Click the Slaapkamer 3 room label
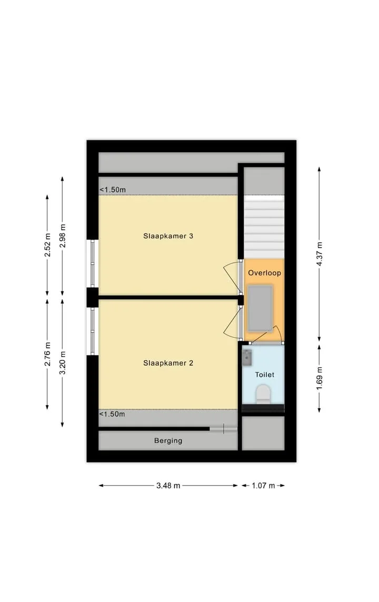(x=168, y=236)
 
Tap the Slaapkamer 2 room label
(x=168, y=363)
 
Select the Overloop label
(x=264, y=273)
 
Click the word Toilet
(x=265, y=374)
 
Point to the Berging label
(x=168, y=441)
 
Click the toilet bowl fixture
(x=263, y=394)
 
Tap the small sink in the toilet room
(x=247, y=357)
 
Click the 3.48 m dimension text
(x=168, y=486)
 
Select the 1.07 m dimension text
(x=263, y=486)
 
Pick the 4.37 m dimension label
(x=319, y=254)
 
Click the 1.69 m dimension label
(x=319, y=378)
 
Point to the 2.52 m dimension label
(x=47, y=245)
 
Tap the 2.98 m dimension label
(x=63, y=236)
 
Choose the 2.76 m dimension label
(x=47, y=354)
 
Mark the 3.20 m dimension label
(x=63, y=363)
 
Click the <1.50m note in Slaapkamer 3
(x=113, y=190)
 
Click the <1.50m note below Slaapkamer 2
(x=112, y=414)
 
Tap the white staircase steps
(x=264, y=226)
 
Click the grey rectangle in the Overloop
(x=260, y=308)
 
